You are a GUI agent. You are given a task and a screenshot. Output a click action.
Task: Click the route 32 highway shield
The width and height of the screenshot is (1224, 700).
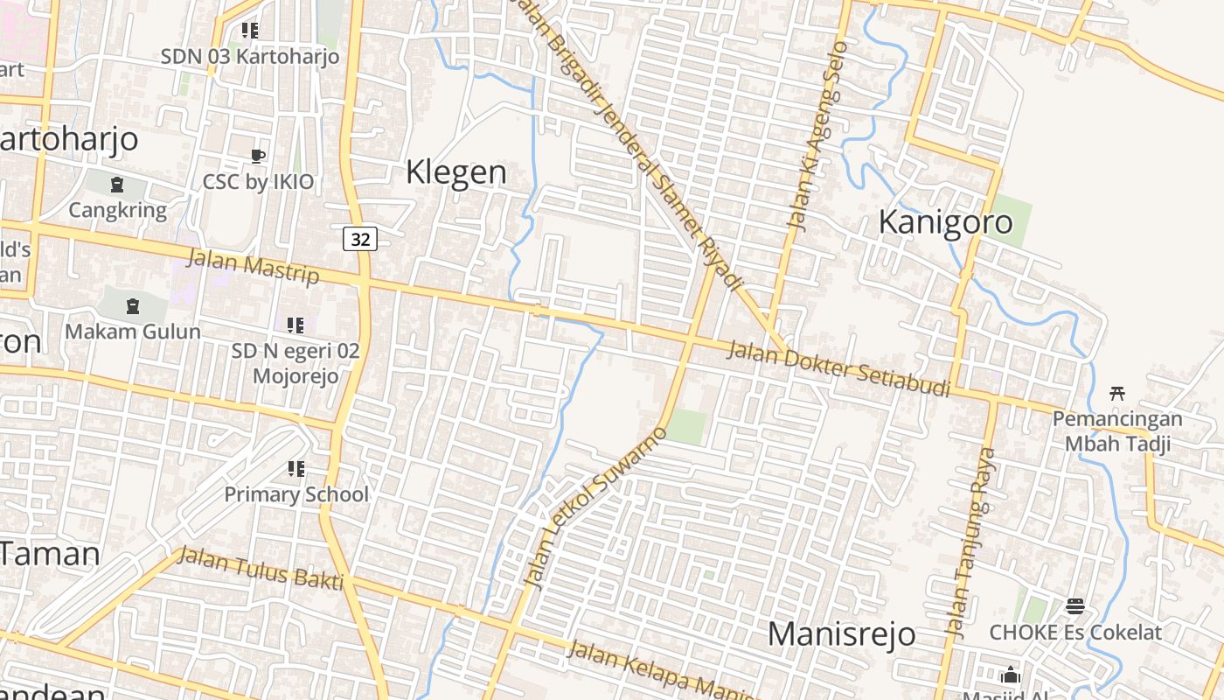click(x=360, y=238)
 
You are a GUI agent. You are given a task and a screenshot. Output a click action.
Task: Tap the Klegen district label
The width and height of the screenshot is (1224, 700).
click(x=456, y=171)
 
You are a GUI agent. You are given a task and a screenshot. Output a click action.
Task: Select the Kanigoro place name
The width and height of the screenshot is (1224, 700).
click(x=945, y=221)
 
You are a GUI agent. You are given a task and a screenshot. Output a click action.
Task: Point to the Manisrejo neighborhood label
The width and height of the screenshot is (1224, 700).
click(x=841, y=633)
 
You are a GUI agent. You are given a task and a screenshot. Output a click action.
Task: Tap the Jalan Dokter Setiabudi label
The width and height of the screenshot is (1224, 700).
click(x=838, y=368)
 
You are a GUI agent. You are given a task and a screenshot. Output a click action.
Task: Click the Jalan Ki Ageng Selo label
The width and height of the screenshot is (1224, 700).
click(x=817, y=136)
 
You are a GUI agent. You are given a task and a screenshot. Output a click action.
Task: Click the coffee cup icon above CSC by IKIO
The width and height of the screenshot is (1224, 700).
click(x=257, y=157)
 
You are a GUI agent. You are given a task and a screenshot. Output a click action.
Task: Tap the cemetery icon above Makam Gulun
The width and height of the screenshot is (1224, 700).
click(x=132, y=306)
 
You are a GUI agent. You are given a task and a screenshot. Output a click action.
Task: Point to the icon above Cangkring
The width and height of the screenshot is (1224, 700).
click(x=117, y=185)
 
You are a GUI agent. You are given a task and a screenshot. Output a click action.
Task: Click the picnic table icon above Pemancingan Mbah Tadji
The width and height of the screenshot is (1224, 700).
click(x=1116, y=394)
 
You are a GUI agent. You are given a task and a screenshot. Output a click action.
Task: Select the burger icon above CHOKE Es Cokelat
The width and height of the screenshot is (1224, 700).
click(x=1074, y=606)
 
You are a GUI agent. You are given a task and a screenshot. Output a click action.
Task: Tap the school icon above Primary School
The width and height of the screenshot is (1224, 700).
click(x=296, y=469)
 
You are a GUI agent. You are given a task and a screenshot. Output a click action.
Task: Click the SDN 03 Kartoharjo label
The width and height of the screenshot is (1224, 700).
click(x=249, y=57)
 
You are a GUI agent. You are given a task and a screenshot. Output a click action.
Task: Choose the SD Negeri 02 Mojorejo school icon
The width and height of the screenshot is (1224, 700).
click(x=296, y=325)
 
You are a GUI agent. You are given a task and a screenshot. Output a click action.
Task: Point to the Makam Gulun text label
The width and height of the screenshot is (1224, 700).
click(x=133, y=332)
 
